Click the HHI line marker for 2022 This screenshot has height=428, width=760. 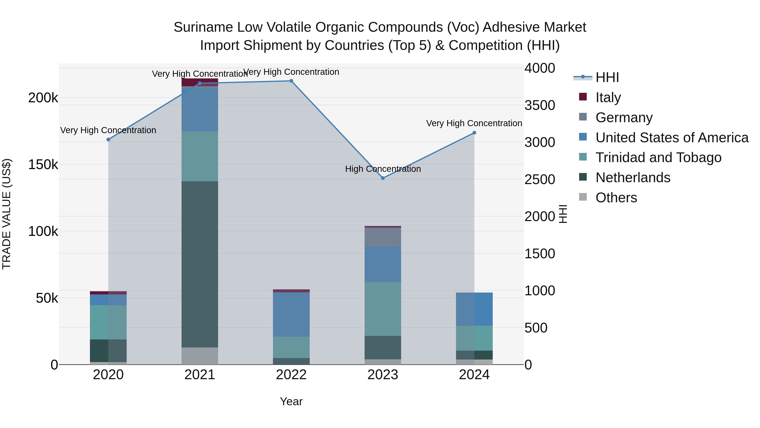[291, 81]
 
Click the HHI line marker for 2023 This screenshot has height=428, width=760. [383, 178]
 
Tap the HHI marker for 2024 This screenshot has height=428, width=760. [474, 133]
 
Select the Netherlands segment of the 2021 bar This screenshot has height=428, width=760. [199, 264]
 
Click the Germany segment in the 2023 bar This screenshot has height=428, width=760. [383, 237]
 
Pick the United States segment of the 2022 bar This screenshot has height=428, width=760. [291, 315]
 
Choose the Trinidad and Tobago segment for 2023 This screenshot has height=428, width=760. [383, 309]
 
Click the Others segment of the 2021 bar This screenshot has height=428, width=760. [199, 356]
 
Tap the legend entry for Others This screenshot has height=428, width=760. [616, 198]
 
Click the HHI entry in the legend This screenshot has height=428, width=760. [607, 77]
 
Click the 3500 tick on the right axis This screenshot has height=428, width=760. [540, 105]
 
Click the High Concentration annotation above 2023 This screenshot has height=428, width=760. [383, 169]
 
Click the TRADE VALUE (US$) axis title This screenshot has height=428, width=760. [7, 214]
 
